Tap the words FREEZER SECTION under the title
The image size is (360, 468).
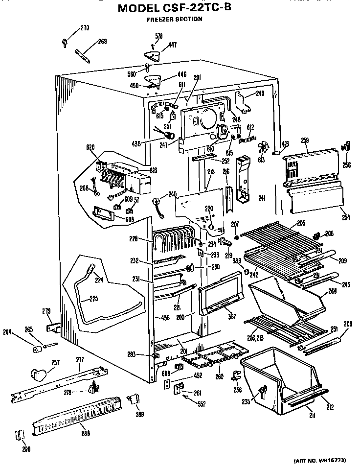(174, 20)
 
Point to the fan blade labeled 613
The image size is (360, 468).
(264, 146)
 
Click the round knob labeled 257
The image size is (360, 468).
(37, 374)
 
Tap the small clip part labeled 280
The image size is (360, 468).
(20, 435)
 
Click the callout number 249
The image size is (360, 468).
(260, 94)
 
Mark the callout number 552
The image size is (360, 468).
(202, 404)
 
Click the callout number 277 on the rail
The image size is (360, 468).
(80, 360)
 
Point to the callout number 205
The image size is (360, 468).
(301, 223)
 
